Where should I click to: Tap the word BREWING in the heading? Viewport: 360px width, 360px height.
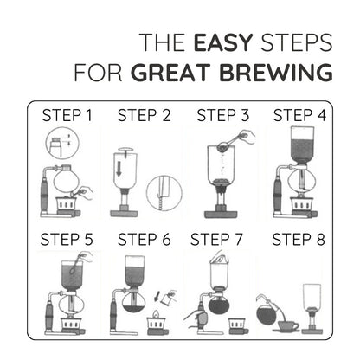(x=280, y=72)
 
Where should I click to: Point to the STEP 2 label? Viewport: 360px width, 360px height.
(x=145, y=115)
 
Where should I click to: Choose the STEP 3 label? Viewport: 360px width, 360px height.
(x=223, y=115)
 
